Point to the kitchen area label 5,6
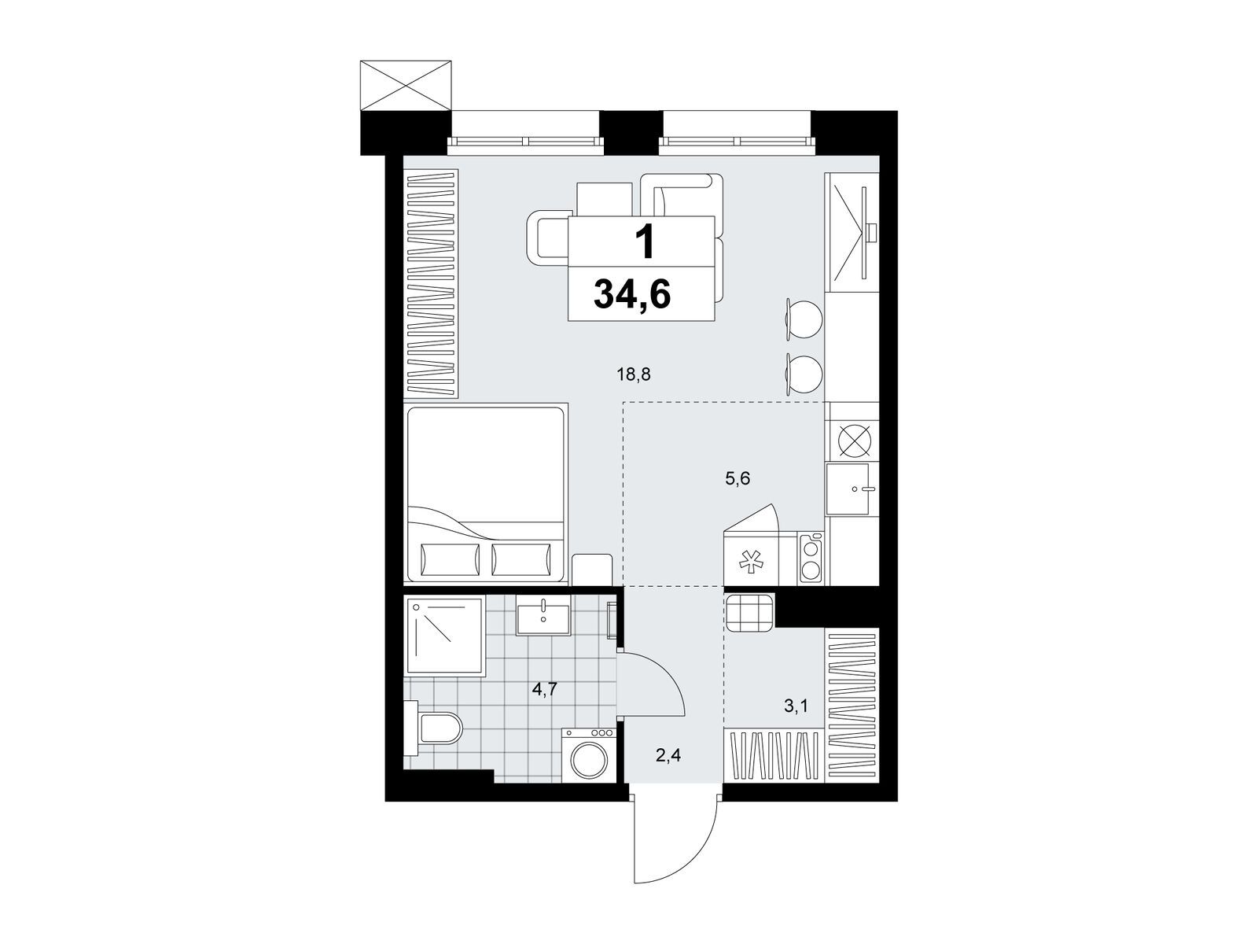tap(737, 478)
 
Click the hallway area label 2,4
tap(668, 755)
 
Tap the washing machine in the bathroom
tap(589, 754)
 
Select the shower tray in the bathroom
tap(445, 636)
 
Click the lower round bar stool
tap(803, 374)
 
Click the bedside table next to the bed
tap(592, 569)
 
